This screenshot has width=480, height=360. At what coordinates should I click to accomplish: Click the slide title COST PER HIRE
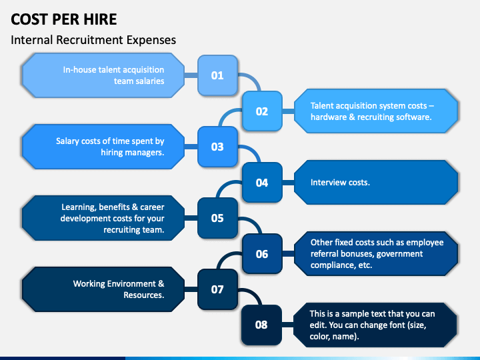pyautogui.click(x=64, y=19)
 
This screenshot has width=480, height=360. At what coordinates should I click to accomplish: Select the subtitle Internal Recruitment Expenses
pyautogui.click(x=93, y=40)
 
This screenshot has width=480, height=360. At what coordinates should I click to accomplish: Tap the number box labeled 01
pyautogui.click(x=217, y=75)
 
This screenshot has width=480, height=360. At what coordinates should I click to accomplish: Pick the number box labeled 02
pyautogui.click(x=262, y=111)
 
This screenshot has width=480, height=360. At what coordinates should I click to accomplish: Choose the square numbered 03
pyautogui.click(x=217, y=147)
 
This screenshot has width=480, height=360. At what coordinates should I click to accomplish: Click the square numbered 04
pyautogui.click(x=262, y=183)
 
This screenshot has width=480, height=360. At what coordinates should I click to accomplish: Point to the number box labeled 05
pyautogui.click(x=217, y=218)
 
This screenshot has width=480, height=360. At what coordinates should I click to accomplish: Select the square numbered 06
pyautogui.click(x=262, y=254)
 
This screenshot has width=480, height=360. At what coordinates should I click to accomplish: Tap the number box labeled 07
pyautogui.click(x=217, y=289)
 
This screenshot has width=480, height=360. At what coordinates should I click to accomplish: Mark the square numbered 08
pyautogui.click(x=261, y=325)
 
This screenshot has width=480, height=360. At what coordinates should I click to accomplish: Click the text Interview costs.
pyautogui.click(x=340, y=183)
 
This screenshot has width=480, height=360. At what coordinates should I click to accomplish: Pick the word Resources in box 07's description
pyautogui.click(x=144, y=295)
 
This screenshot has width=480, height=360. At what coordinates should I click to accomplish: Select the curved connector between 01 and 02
pyautogui.click(x=254, y=79)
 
